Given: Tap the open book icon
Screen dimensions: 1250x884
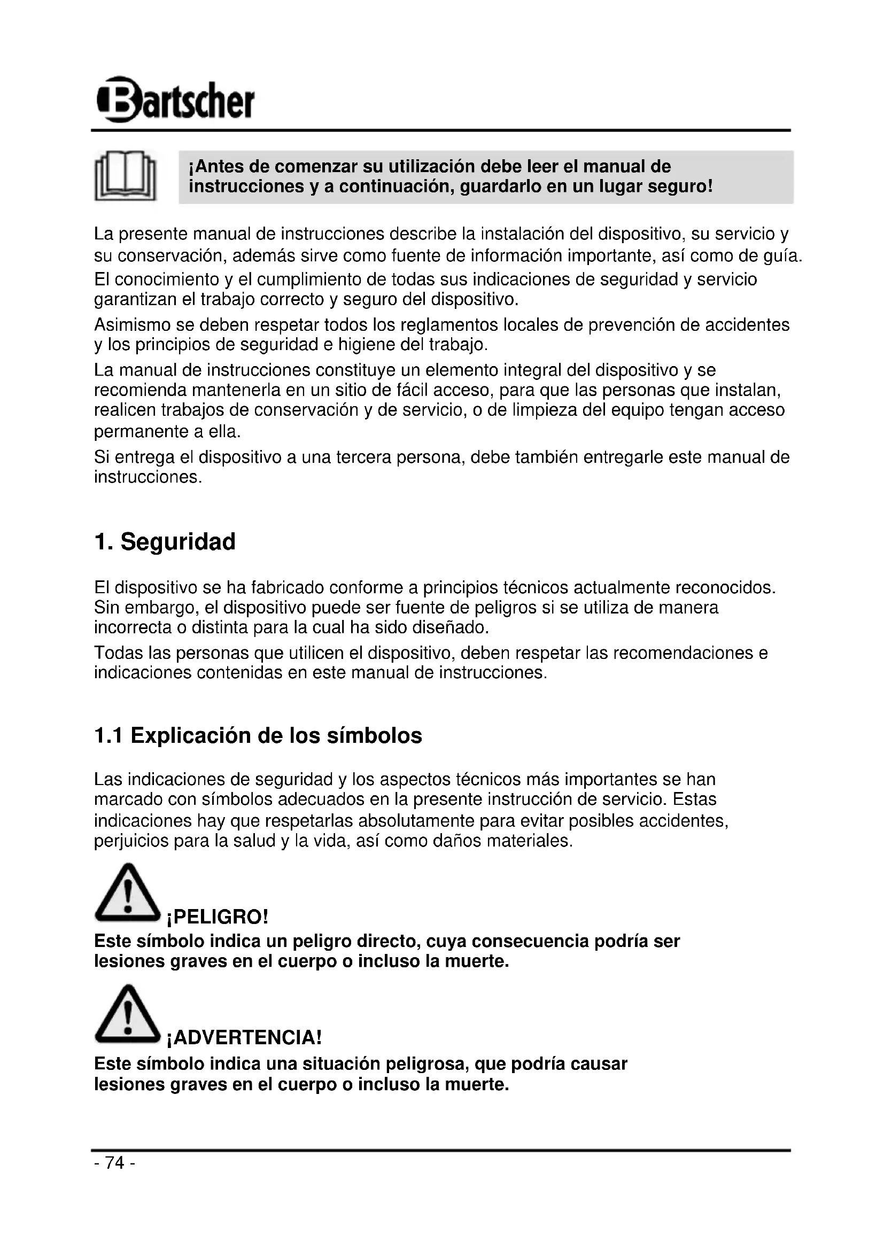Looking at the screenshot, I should tap(125, 176).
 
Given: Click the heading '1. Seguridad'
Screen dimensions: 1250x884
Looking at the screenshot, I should tap(165, 542).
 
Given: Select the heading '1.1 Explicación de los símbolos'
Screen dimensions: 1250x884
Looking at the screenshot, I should tap(258, 735).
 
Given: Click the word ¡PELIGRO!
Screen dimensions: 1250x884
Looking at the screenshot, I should tap(218, 918).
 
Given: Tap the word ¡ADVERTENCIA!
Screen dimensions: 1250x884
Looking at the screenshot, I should tap(244, 1038).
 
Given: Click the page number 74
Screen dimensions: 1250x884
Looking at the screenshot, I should tap(115, 1163).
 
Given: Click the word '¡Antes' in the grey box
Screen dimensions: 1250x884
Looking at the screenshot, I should tap(215, 167).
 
